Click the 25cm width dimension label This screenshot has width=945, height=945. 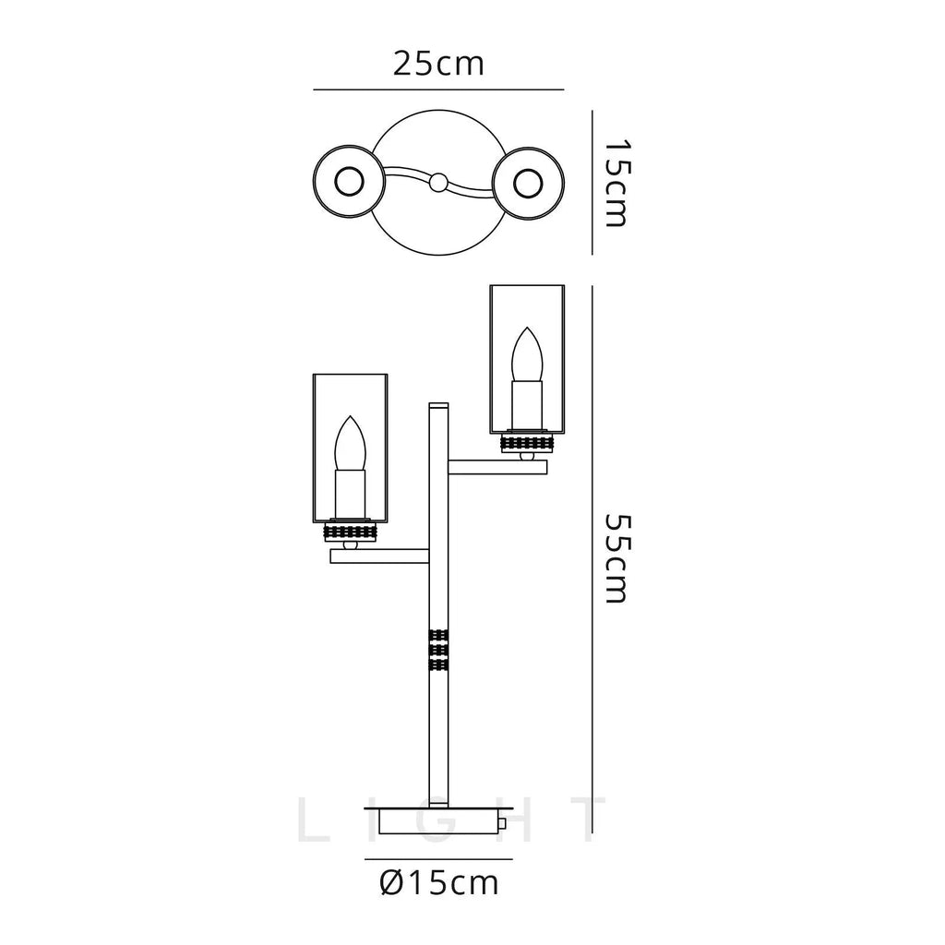coord(438,64)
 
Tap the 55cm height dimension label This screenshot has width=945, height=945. coord(616,558)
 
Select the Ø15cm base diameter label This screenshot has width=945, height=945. coord(438,883)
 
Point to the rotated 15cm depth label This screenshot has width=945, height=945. coord(616,184)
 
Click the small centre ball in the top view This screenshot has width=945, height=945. coord(438,182)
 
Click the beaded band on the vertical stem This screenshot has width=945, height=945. coord(438,651)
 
